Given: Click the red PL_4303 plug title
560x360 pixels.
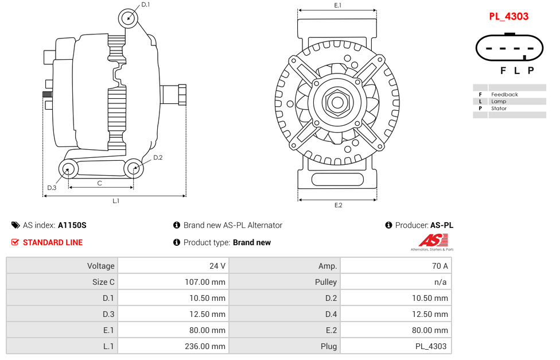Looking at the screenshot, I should tap(508, 16).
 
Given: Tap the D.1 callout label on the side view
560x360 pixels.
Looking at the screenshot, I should tap(145, 5).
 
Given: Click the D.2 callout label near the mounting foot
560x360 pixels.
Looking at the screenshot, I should tap(158, 157).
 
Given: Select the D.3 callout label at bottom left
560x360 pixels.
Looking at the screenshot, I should tap(52, 188).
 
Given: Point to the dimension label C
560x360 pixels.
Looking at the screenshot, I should tap(99, 183).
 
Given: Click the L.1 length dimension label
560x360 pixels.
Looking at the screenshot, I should tap(115, 201).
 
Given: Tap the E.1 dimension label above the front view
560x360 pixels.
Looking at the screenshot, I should tap(338, 5).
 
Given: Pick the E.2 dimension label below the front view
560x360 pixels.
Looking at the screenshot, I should tap(338, 206).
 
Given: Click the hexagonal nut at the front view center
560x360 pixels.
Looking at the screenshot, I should tap(337, 103).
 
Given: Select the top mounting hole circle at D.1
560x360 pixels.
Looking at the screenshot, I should tap(129, 18).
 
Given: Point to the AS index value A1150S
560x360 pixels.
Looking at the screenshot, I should tap(72, 226).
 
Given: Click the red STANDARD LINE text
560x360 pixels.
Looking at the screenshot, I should tap(52, 242).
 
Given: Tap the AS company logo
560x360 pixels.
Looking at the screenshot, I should tap(432, 242).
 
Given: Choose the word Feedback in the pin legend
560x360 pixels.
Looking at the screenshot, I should tap(504, 94).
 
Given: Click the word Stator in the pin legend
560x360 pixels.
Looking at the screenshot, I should tap(499, 108).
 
